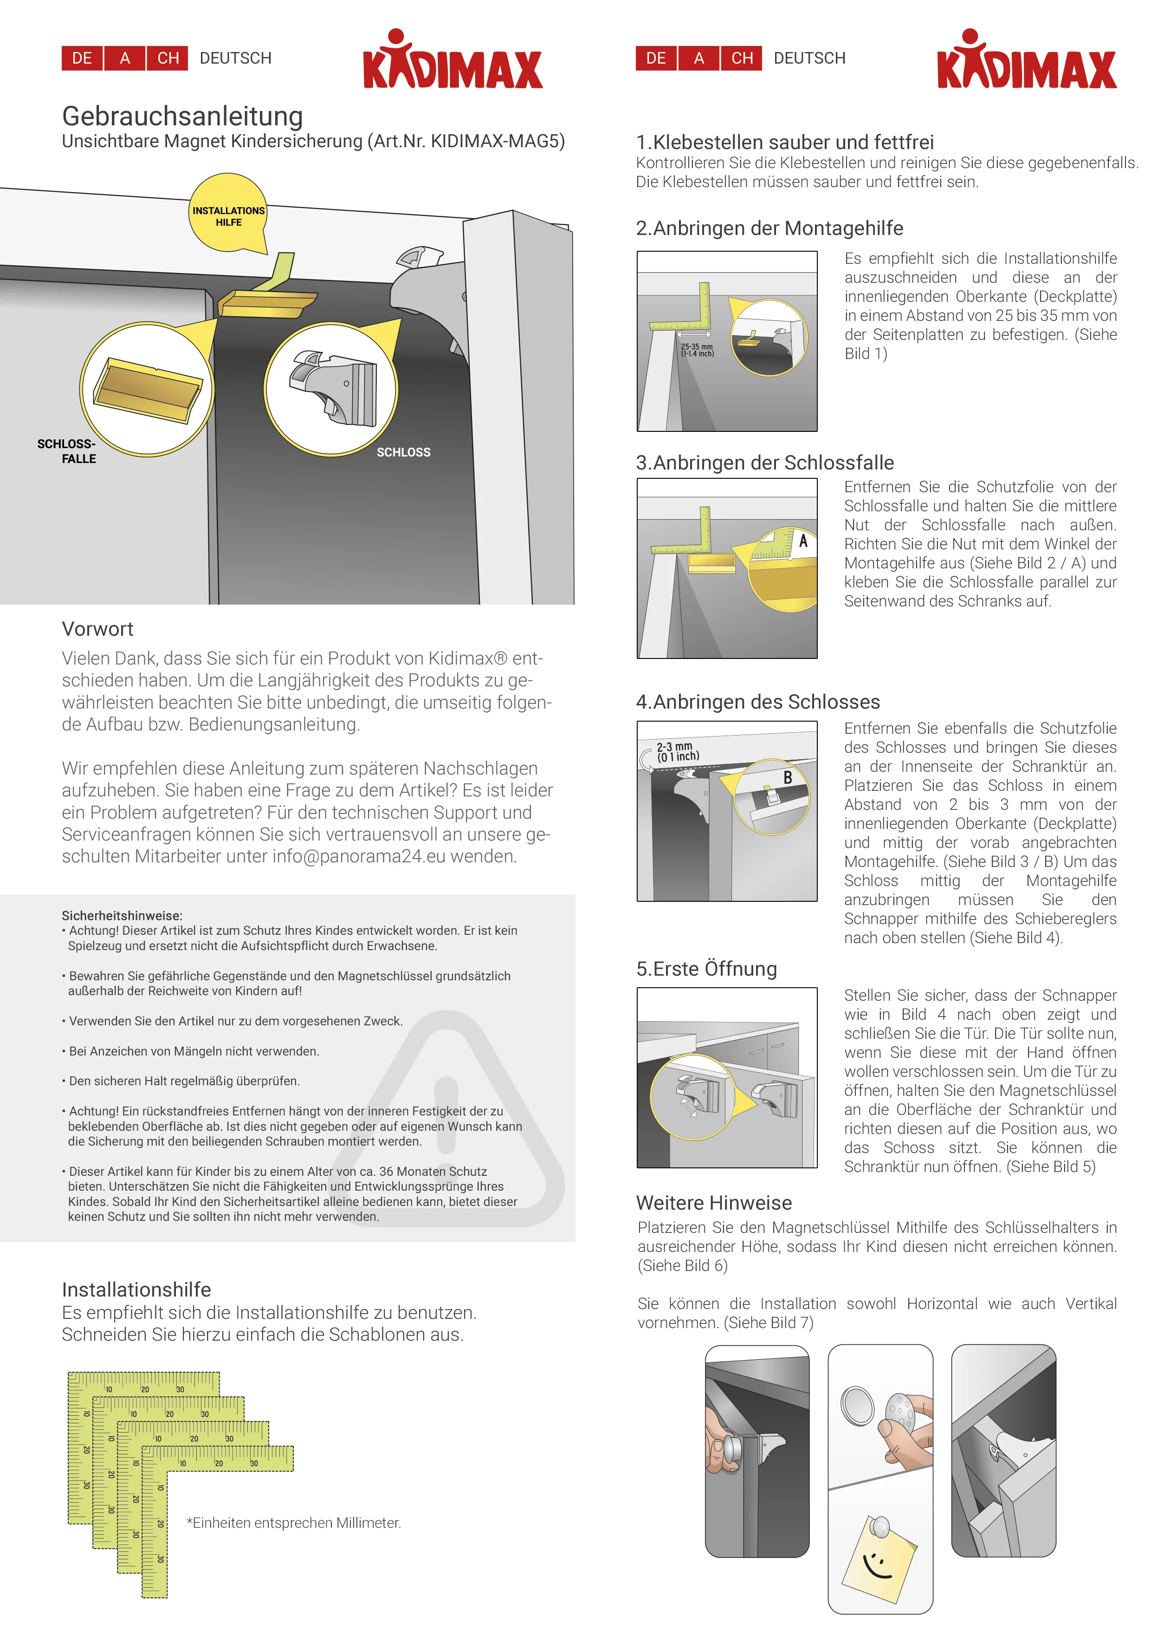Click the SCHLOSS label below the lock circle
coord(403,452)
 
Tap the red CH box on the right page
coord(742,58)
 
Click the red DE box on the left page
coord(82,58)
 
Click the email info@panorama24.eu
coord(358,856)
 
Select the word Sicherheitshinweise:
coord(122,915)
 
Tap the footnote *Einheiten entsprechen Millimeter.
coord(294,1523)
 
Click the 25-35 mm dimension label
coord(697,350)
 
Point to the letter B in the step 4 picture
coord(787,778)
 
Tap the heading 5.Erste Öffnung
coord(706,969)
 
